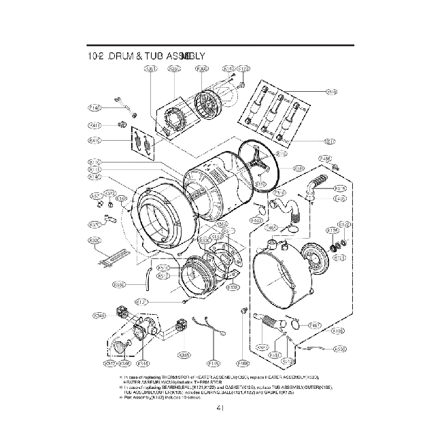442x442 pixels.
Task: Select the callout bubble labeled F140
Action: tap(95, 107)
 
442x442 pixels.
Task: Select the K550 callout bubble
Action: tap(340, 349)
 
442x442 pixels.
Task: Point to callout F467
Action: tap(316, 326)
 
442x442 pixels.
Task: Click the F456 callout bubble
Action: tap(326, 158)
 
